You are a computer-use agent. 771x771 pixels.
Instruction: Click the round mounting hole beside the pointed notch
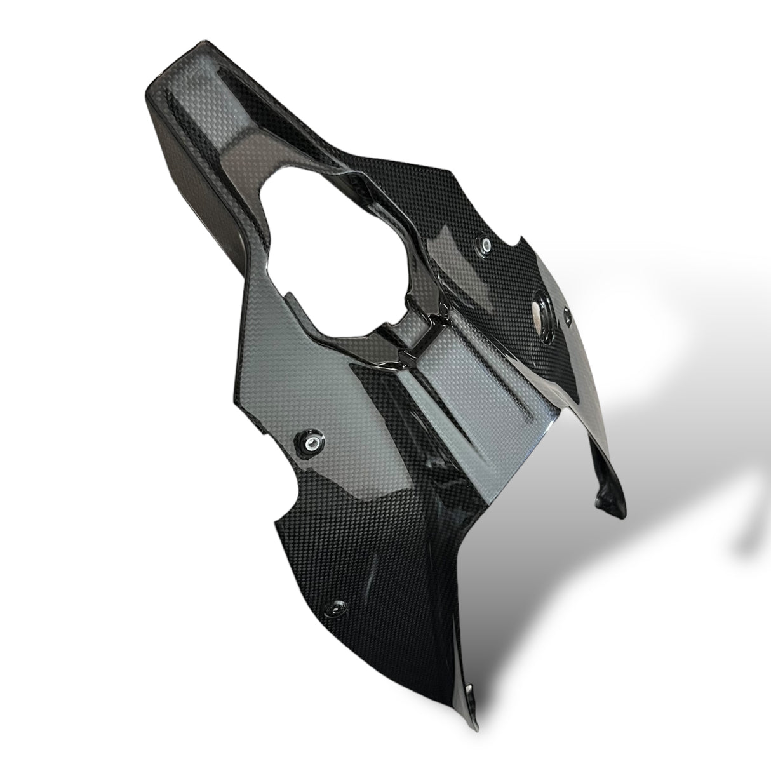[486, 244]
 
